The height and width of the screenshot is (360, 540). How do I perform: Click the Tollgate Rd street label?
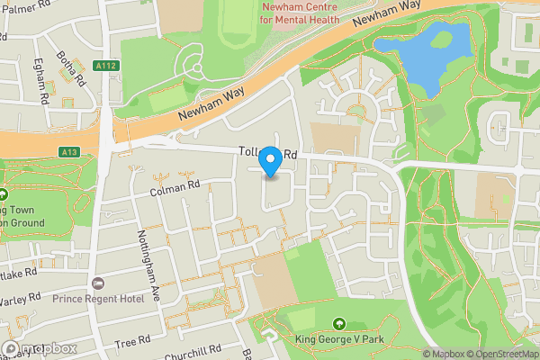(267, 155)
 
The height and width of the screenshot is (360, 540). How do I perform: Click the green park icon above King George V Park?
(339, 324)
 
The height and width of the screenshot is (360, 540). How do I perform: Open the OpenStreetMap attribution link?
(498, 354)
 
